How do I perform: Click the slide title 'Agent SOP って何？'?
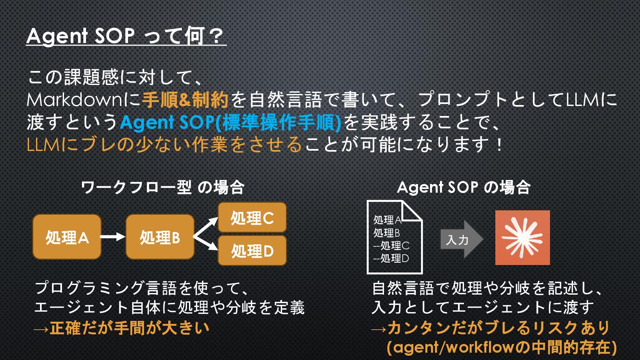(126, 36)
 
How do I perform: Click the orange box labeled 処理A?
(67, 237)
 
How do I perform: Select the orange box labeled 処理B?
(160, 237)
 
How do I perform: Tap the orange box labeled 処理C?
(252, 218)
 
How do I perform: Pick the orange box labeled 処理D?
(252, 251)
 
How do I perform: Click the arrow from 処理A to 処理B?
(113, 237)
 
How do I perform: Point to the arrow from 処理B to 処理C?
(206, 228)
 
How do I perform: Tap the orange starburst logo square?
(522, 238)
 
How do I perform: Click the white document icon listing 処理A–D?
(394, 237)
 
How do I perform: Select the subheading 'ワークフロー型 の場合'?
(163, 188)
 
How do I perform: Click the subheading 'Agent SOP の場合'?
(463, 188)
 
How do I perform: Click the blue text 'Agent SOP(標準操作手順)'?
(231, 123)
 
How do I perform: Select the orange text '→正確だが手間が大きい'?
(122, 328)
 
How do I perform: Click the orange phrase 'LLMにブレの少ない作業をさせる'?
(164, 145)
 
